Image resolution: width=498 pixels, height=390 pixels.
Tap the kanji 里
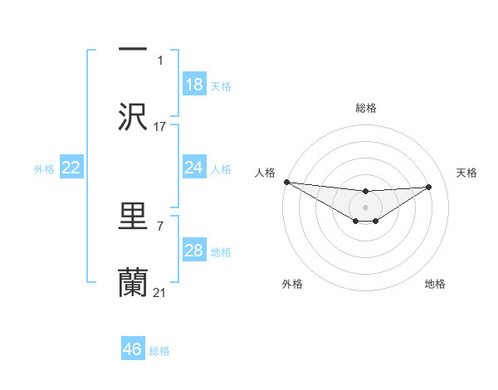(x=133, y=217)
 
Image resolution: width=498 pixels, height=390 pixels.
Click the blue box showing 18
(x=194, y=85)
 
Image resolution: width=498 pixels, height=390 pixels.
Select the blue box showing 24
(x=194, y=168)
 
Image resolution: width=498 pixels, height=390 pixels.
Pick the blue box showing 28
(x=194, y=251)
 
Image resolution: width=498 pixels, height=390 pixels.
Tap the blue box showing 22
(x=71, y=168)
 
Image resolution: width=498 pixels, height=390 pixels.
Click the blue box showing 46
(x=133, y=349)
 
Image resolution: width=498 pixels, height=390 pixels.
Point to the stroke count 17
(x=160, y=127)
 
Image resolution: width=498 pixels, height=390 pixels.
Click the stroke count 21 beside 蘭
(x=160, y=293)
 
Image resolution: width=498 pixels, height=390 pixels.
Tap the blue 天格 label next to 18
(x=220, y=85)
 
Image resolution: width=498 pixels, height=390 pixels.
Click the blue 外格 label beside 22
(x=44, y=169)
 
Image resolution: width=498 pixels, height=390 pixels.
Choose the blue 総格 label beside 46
(x=159, y=350)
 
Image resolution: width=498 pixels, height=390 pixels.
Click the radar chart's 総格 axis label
(x=365, y=108)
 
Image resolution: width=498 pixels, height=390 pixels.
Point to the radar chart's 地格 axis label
(x=435, y=284)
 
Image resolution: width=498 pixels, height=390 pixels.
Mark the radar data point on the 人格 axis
(x=286, y=182)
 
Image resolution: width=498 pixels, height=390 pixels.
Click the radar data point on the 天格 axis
(x=429, y=187)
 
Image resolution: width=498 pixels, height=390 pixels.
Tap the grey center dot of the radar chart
(x=365, y=207)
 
